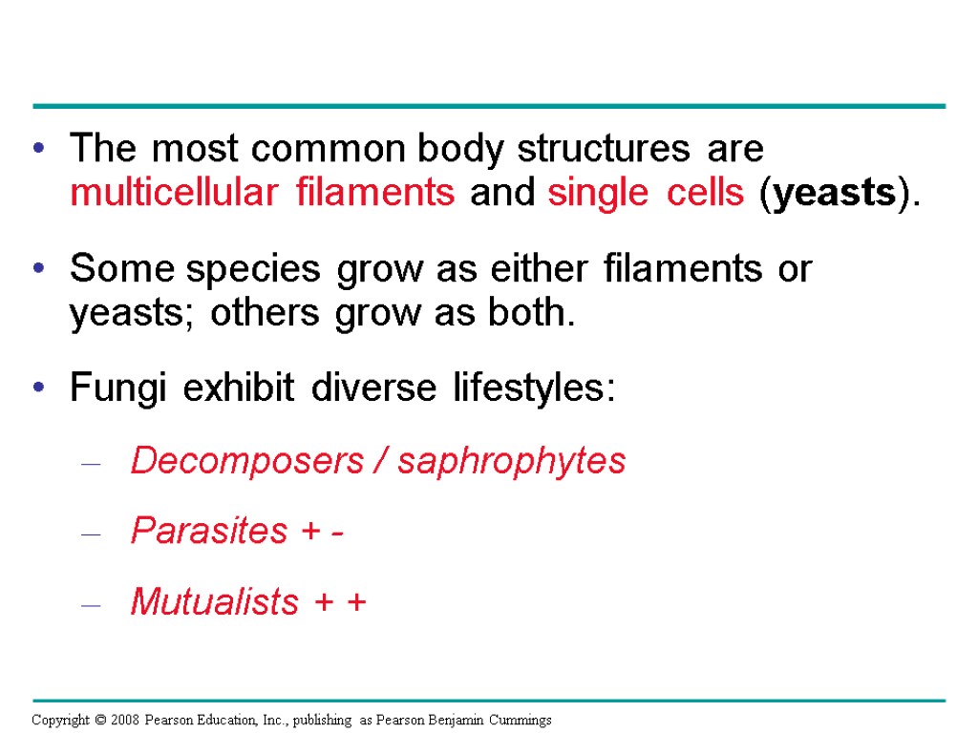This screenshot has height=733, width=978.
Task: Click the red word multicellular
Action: click(x=166, y=194)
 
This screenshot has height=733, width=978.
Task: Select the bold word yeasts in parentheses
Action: click(x=833, y=194)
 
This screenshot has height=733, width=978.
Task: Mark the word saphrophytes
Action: click(x=512, y=462)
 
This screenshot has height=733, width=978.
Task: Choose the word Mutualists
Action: click(x=214, y=602)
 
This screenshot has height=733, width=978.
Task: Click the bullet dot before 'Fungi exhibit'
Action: click(x=38, y=390)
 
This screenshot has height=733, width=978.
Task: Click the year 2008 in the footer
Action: click(x=122, y=721)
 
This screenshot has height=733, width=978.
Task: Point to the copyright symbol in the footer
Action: click(x=96, y=721)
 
